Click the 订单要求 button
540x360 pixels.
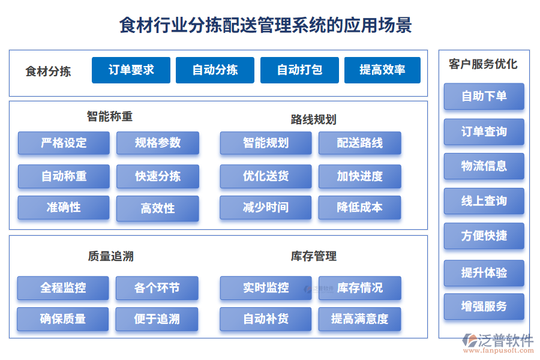(x=131, y=70)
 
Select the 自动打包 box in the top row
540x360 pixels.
(x=299, y=70)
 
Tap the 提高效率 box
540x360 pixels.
(x=382, y=70)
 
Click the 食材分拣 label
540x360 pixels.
(x=48, y=71)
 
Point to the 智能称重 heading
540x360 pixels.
(x=109, y=116)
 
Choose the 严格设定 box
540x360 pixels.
(x=64, y=143)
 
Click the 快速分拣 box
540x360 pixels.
(x=158, y=176)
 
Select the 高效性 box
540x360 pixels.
(x=158, y=208)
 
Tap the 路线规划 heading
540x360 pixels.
(x=313, y=119)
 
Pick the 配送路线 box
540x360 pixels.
(x=359, y=143)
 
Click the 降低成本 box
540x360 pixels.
(x=359, y=208)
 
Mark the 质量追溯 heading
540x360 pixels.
(x=110, y=256)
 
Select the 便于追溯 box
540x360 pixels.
(x=157, y=319)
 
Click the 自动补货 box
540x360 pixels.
(x=265, y=319)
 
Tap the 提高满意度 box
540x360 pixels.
(x=359, y=319)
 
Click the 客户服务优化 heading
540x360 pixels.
(x=483, y=64)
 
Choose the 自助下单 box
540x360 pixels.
(x=484, y=96)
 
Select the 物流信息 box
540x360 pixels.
(x=484, y=166)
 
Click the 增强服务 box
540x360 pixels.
(x=484, y=307)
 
